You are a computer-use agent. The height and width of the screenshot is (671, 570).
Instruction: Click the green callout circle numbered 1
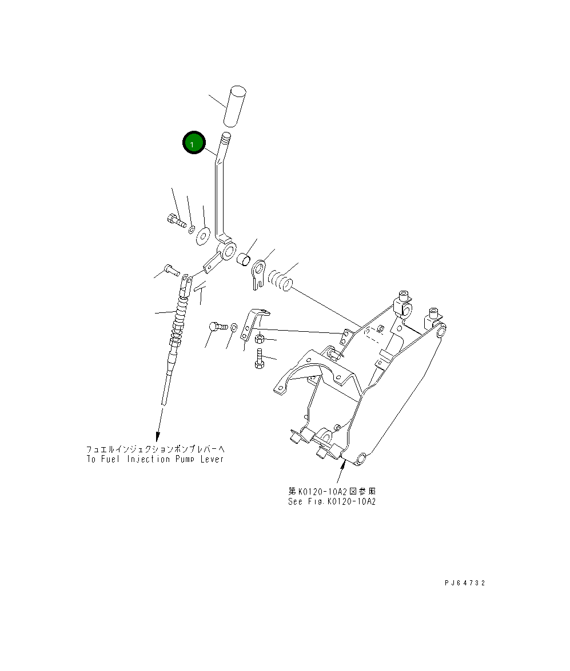(193, 143)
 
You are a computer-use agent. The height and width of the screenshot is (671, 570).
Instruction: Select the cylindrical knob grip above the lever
(235, 106)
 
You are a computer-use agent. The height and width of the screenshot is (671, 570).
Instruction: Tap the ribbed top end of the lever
(227, 138)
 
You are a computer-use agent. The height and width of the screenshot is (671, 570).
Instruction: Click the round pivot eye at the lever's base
(230, 250)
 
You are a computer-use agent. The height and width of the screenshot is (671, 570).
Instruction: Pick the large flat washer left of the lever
(203, 235)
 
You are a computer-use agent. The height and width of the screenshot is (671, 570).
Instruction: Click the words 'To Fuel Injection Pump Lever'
(155, 459)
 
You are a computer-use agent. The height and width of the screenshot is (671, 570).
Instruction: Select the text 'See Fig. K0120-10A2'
(332, 501)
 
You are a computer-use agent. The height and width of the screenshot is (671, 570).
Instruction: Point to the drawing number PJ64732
(465, 583)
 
